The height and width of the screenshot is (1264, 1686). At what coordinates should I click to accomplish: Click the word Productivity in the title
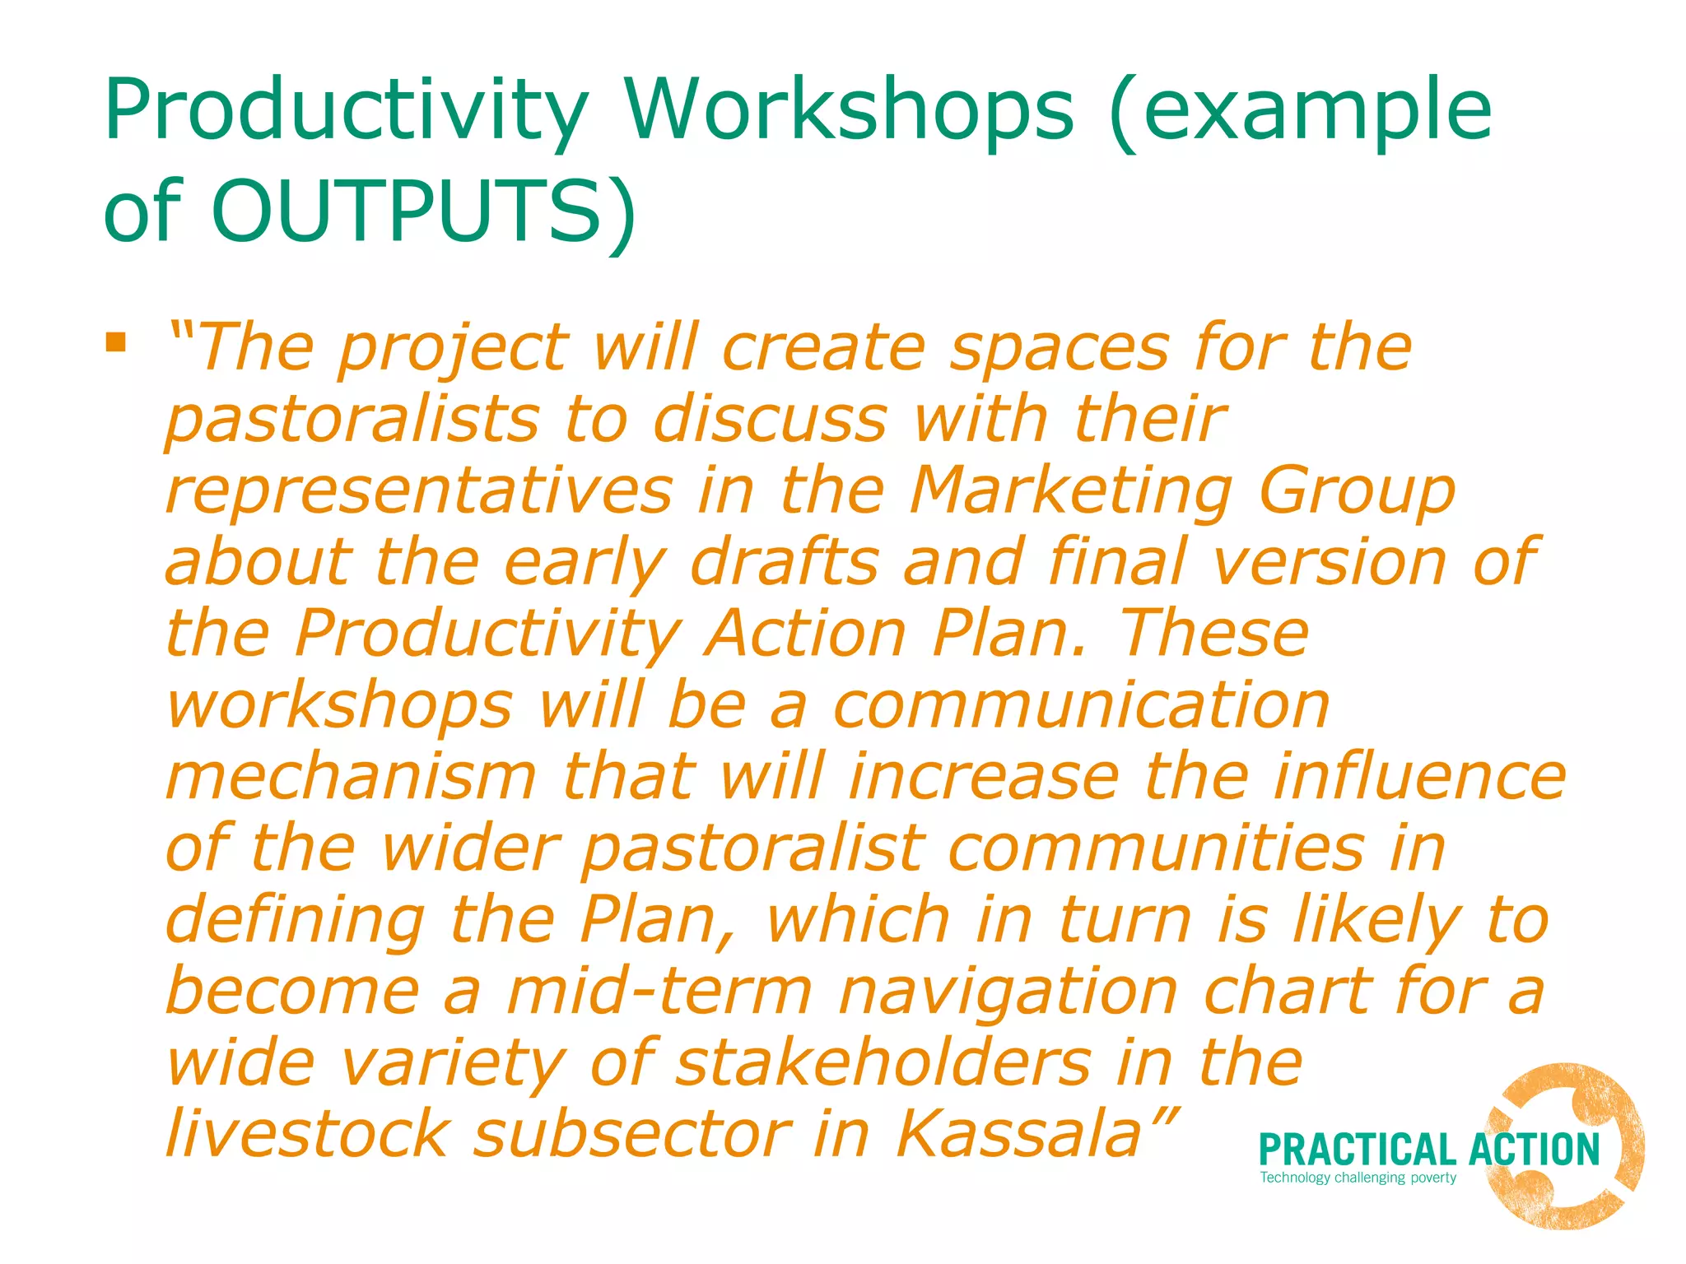(x=346, y=111)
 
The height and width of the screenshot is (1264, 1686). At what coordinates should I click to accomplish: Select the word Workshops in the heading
(x=848, y=111)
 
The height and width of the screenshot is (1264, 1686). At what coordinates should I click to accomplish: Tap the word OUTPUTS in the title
(x=408, y=211)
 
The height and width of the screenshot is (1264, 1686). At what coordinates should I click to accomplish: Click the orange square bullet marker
(x=116, y=342)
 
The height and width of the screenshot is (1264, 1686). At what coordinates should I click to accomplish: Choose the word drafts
(x=784, y=563)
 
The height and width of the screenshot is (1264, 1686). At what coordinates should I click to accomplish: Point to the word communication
(x=1081, y=706)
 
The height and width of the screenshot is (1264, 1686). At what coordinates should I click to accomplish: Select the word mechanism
(x=352, y=777)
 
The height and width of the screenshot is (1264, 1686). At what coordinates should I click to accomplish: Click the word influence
(x=1419, y=777)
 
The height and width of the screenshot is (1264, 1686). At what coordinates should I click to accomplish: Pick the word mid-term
(x=659, y=992)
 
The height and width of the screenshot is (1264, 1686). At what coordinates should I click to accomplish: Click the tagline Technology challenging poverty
(x=1358, y=1178)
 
